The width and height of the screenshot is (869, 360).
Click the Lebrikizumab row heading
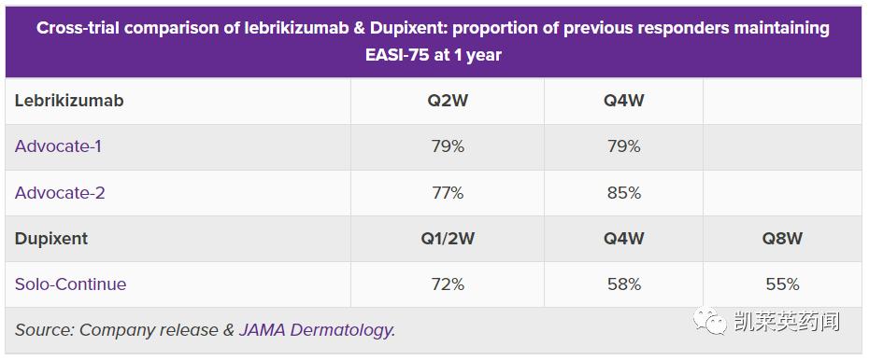coord(69,101)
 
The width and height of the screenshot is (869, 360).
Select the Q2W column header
coord(448,101)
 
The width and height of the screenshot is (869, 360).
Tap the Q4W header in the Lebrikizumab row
coord(623,101)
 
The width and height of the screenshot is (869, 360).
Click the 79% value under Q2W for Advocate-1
coord(448,146)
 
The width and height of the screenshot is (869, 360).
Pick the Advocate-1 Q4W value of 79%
coord(623,146)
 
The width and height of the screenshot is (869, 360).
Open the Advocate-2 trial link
coord(60,193)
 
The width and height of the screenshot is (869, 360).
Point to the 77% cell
coord(448,193)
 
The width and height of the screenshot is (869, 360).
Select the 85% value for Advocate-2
coord(623,193)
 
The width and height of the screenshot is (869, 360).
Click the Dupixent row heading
coord(51,239)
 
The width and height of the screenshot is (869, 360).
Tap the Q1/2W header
coord(448,239)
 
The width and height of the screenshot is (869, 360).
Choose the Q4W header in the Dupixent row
coord(623,239)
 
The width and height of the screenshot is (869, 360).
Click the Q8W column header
coord(781,239)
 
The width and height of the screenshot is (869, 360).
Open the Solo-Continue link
coord(70,284)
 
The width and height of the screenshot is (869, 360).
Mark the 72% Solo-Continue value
coord(448,284)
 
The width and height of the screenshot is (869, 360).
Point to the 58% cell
coord(623,284)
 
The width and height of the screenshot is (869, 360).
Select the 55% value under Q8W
coord(781,284)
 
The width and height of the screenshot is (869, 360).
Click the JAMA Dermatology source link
coord(317,329)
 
